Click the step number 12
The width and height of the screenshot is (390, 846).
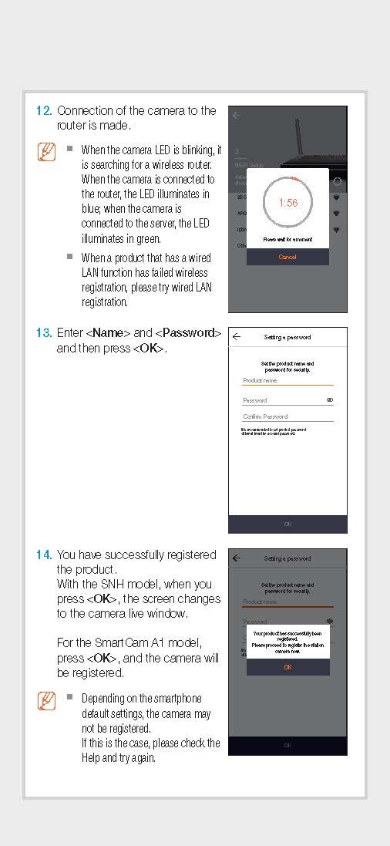(x=44, y=111)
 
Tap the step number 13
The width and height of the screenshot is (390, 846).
(x=44, y=333)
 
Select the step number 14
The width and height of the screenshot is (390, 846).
(x=44, y=554)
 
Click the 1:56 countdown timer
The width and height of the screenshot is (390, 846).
(x=287, y=203)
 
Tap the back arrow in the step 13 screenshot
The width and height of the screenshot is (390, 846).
(x=237, y=337)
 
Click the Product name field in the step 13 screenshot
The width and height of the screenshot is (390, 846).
(x=287, y=380)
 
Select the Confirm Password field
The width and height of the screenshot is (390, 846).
(x=287, y=416)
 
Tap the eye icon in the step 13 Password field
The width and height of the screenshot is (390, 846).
(x=330, y=400)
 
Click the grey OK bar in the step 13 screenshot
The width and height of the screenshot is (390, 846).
(x=287, y=524)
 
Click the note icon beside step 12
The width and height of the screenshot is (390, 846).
(x=46, y=151)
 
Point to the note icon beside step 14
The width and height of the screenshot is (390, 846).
(x=46, y=700)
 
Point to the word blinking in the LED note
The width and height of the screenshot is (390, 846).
(x=196, y=150)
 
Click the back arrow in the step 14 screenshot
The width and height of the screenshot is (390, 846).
(x=237, y=558)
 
